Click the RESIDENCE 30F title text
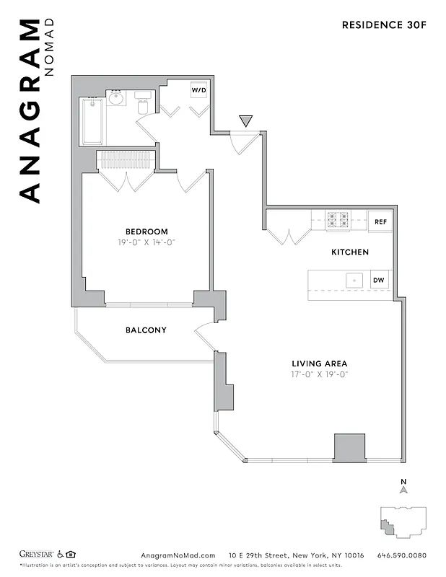click(x=383, y=25)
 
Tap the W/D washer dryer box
click(x=198, y=91)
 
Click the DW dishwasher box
click(x=379, y=280)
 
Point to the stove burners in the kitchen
click(x=338, y=219)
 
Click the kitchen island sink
click(x=354, y=280)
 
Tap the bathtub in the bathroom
click(x=92, y=121)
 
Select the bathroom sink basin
click(x=118, y=98)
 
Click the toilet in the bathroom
click(x=142, y=105)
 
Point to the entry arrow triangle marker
click(x=246, y=120)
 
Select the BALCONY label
click(x=146, y=330)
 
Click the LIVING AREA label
click(x=320, y=364)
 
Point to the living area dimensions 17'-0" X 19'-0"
click(x=320, y=374)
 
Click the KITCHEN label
click(x=350, y=252)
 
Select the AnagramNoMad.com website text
click(x=178, y=555)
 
